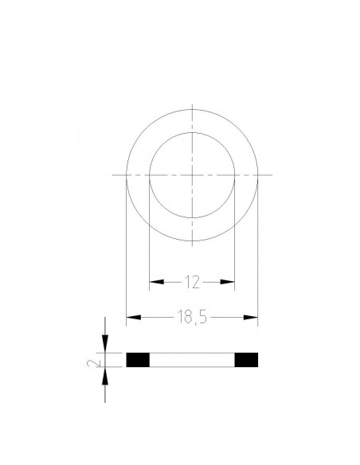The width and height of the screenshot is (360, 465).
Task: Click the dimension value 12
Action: click(193, 282)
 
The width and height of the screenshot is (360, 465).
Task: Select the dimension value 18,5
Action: click(192, 318)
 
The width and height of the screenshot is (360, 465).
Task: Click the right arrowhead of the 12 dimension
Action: click(231, 282)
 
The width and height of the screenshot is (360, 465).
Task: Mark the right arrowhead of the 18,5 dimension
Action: click(252, 318)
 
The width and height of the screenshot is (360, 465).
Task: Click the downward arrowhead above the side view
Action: click(105, 346)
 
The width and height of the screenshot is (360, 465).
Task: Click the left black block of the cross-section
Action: click(138, 360)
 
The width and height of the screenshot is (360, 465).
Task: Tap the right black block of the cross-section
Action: click(247, 360)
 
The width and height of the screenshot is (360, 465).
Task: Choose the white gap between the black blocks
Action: click(192, 360)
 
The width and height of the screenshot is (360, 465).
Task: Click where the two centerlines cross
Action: click(193, 174)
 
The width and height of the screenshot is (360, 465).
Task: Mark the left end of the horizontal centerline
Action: click(113, 174)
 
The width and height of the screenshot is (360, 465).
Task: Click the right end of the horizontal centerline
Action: click(272, 174)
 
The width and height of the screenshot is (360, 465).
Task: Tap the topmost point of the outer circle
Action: click(193, 108)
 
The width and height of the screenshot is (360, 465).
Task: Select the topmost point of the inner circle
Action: click(193, 131)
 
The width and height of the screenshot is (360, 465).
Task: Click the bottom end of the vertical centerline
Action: click(193, 244)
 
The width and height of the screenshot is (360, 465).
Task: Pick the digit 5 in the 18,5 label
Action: click(204, 318)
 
